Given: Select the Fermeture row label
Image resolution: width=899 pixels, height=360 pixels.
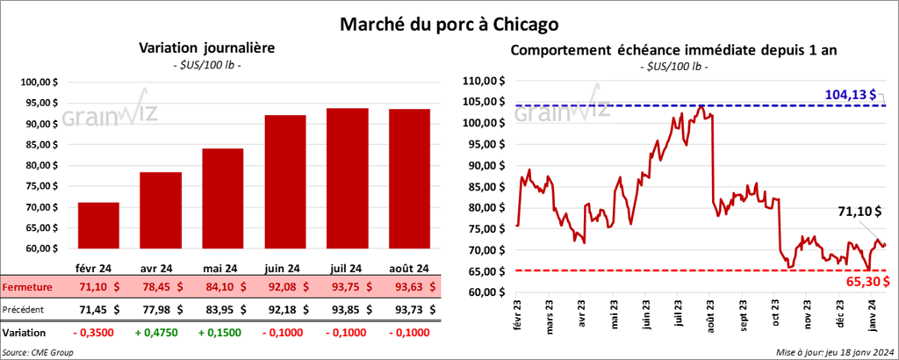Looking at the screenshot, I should point(26,286).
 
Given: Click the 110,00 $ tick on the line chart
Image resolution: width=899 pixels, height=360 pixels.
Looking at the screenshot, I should point(485,80).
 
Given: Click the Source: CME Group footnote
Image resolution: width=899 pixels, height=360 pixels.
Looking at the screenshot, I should point(38,352).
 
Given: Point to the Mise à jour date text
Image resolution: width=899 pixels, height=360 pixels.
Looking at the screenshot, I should point(834,352).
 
